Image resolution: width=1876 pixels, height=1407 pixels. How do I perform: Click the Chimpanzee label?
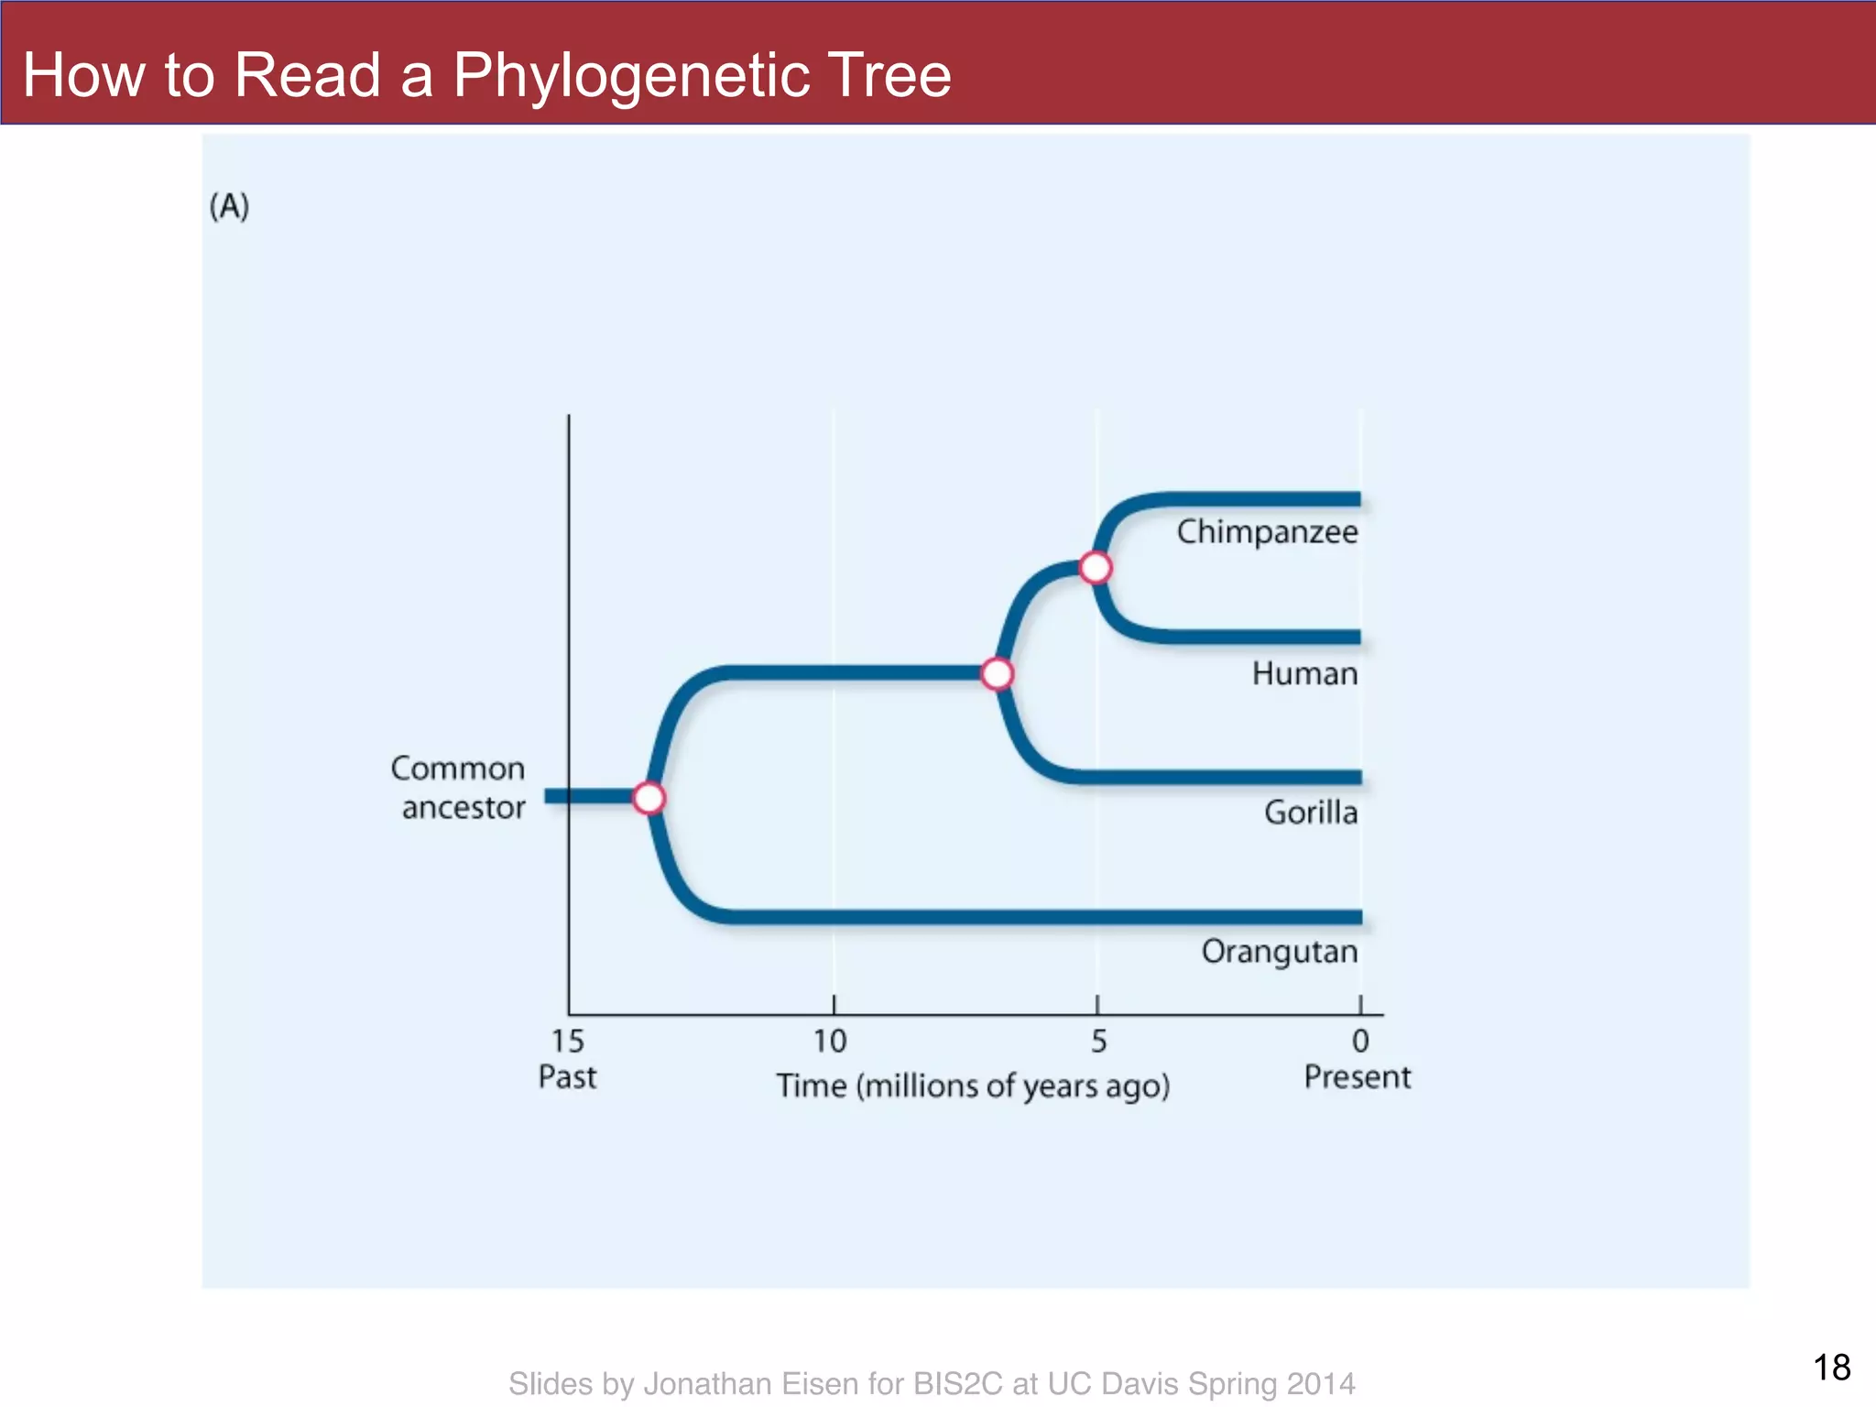click(x=1267, y=532)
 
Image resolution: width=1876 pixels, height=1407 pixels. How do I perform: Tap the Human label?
click(x=1304, y=674)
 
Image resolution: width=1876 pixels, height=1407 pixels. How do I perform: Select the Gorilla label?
click(x=1310, y=813)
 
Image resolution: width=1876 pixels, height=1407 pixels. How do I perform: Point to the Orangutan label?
click(x=1279, y=952)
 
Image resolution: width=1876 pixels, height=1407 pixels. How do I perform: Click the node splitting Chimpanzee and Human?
click(x=1096, y=568)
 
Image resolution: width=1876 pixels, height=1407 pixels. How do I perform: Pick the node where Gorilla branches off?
click(x=998, y=674)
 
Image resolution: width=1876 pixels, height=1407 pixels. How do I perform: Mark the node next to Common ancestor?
click(x=649, y=798)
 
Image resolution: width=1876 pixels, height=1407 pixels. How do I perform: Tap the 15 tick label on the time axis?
click(x=567, y=1041)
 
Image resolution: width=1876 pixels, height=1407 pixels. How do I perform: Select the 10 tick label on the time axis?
click(x=830, y=1041)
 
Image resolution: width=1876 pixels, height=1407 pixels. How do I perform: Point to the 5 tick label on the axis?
click(x=1098, y=1041)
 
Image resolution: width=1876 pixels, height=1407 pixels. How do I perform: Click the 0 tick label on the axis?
click(x=1360, y=1041)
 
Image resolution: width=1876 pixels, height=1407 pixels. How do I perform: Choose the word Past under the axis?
click(x=567, y=1077)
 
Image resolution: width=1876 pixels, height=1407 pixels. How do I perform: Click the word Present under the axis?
click(x=1357, y=1077)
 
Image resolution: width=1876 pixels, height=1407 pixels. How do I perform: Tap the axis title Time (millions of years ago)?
click(x=973, y=1086)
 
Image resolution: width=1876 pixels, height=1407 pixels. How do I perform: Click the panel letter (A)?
click(x=229, y=206)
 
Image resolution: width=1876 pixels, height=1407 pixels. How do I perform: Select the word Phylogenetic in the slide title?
click(x=632, y=75)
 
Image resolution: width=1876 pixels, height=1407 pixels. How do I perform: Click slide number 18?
click(x=1831, y=1368)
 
